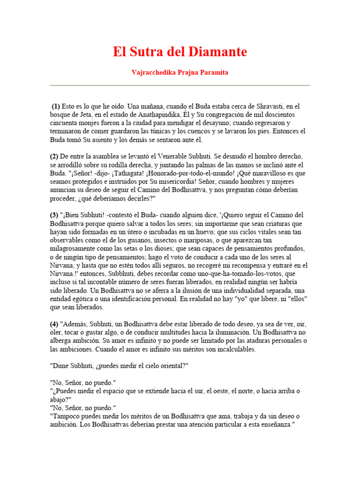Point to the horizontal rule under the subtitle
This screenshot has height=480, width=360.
click(180, 85)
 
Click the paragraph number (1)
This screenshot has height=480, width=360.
click(56, 106)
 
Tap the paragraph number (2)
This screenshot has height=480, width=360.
click(54, 156)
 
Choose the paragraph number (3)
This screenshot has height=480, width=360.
click(54, 215)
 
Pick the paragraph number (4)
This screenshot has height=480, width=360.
click(54, 324)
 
